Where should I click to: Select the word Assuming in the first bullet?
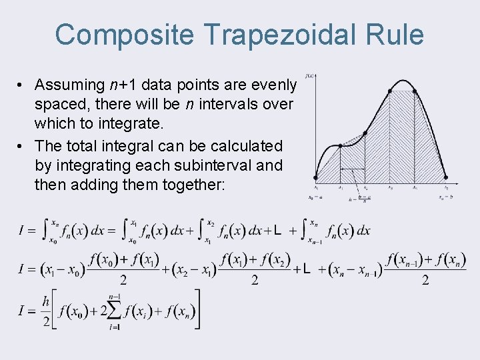(x=69, y=85)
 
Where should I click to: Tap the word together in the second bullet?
(x=194, y=185)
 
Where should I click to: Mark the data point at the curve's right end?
(x=445, y=178)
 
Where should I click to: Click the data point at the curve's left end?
(x=316, y=178)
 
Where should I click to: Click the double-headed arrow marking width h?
(x=352, y=169)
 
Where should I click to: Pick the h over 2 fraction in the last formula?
(x=46, y=311)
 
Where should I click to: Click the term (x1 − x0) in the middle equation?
(x=67, y=270)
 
